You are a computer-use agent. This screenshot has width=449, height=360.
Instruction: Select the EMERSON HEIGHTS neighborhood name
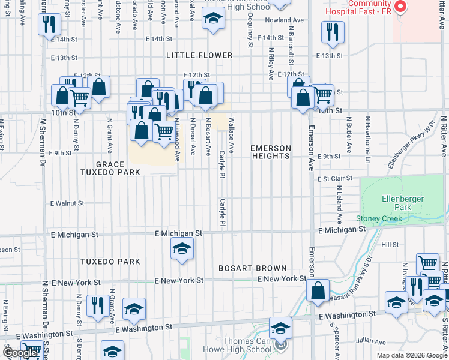[x=271, y=152]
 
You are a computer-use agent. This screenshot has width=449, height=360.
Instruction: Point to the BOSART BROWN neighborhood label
[x=252, y=268]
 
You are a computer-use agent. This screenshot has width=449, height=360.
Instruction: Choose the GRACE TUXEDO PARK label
[x=118, y=168]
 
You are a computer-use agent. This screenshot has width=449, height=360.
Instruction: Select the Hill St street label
[x=390, y=245]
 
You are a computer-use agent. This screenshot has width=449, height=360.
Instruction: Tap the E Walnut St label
[x=67, y=203]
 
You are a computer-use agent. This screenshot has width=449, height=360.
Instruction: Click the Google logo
[x=20, y=353]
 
